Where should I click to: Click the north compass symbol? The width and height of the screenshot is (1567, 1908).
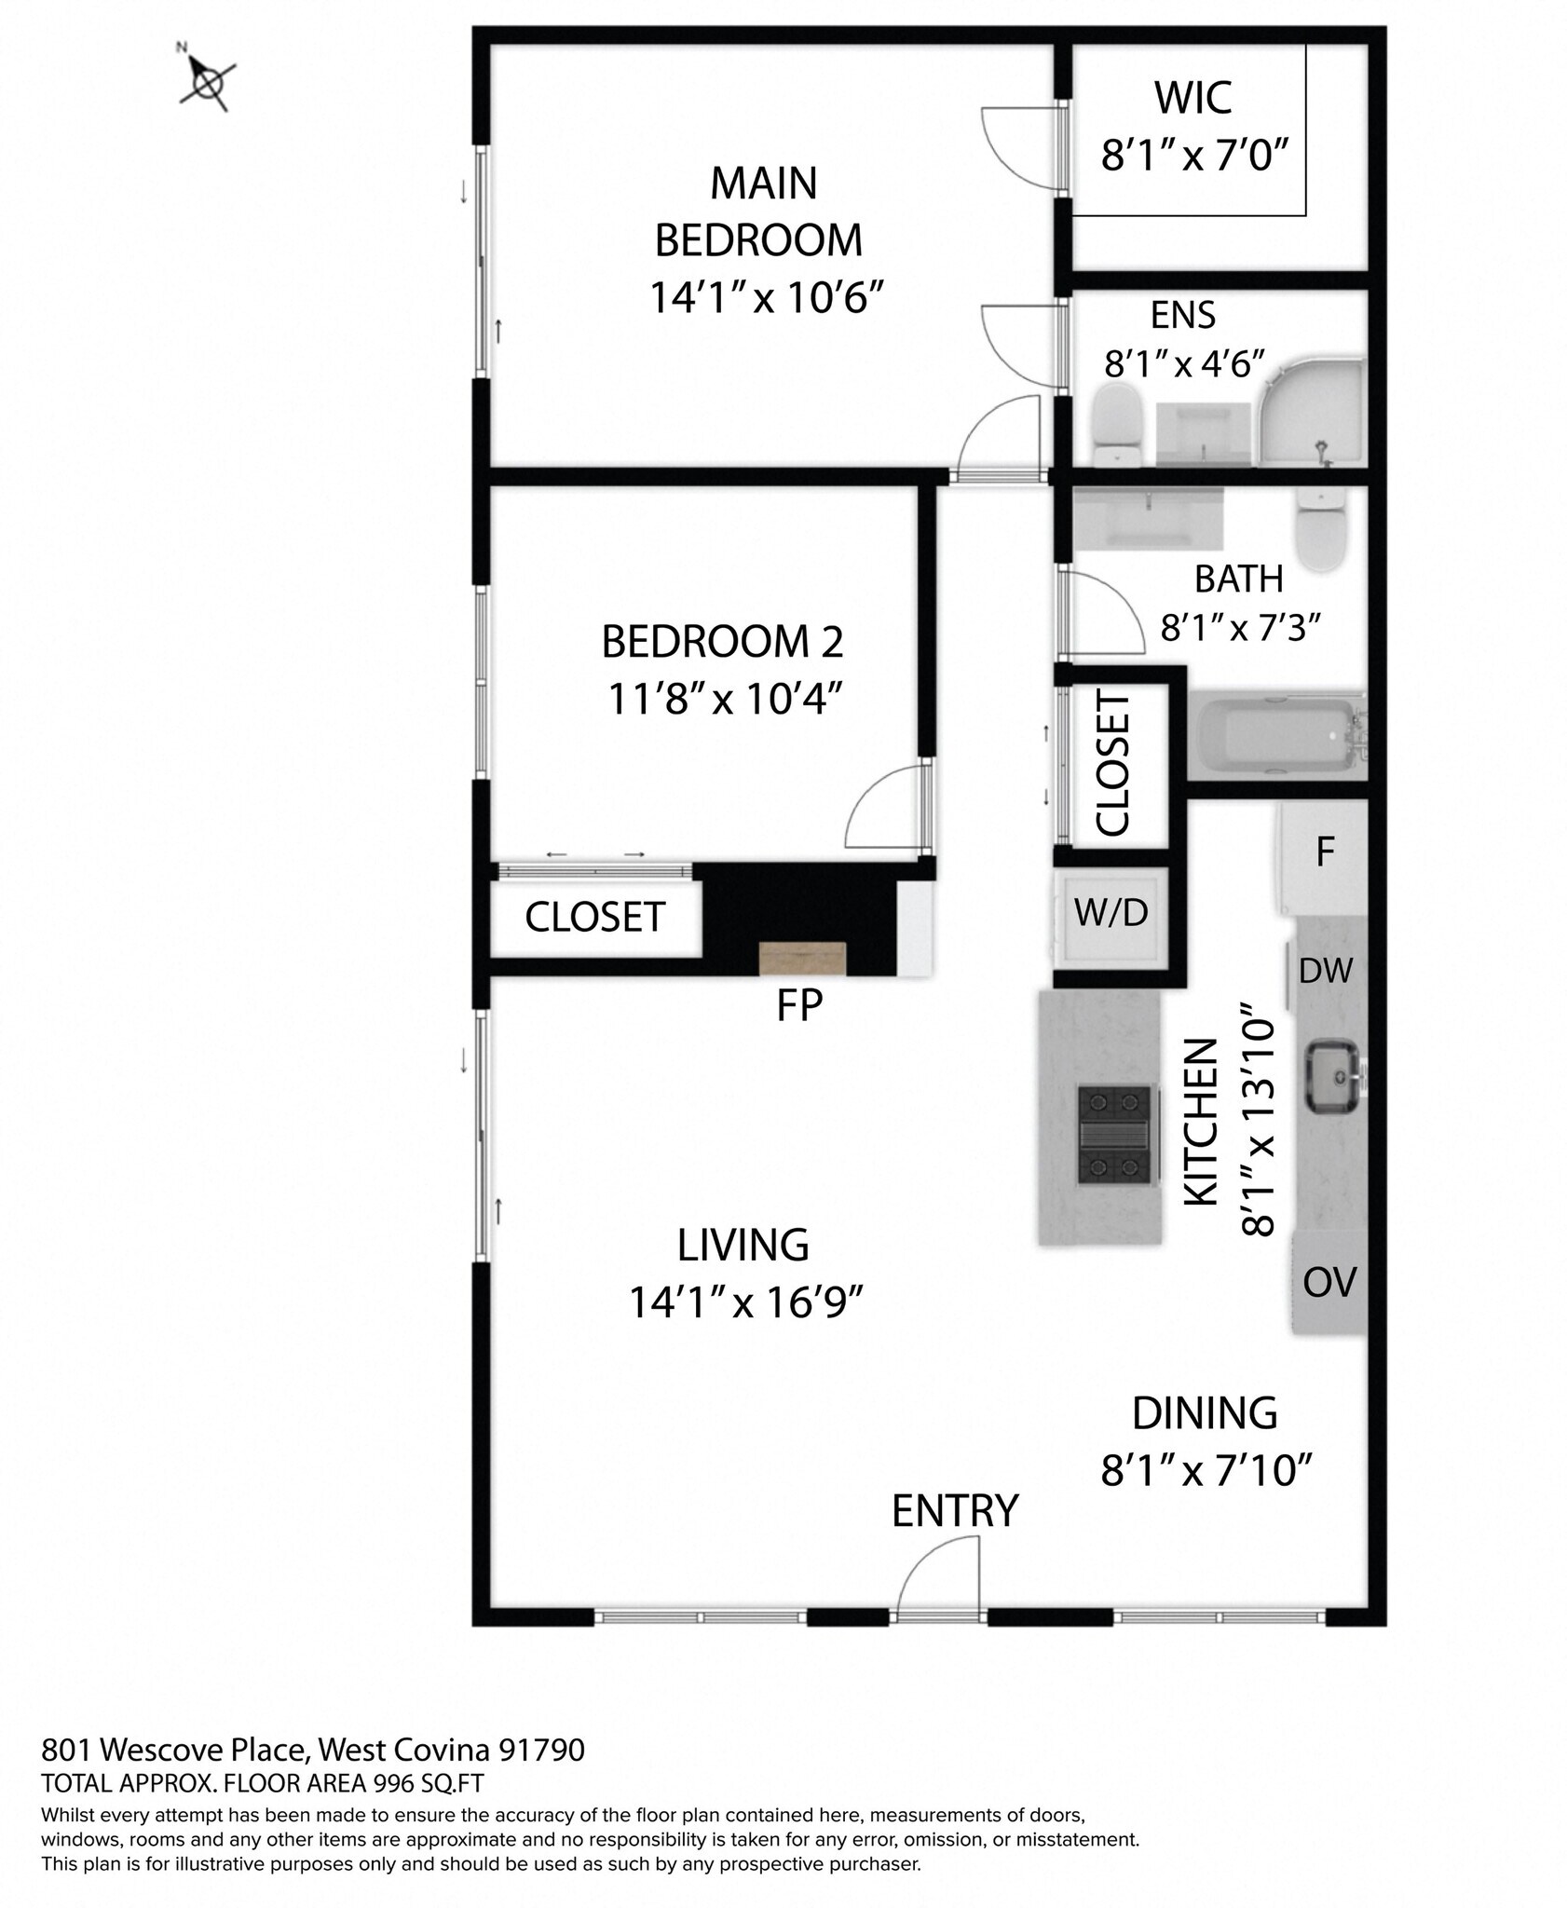[207, 82]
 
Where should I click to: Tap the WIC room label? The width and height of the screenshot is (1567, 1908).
[1192, 99]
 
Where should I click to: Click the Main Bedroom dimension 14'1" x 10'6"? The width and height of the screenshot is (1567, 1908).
[765, 299]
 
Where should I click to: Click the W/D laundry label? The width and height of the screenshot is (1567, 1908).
[1111, 913]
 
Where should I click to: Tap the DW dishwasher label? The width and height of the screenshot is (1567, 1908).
[1325, 972]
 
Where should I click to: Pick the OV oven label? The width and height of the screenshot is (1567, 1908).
[1329, 1283]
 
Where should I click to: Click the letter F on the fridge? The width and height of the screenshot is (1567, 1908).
[1325, 852]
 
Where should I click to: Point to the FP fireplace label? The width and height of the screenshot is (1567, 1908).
[799, 1006]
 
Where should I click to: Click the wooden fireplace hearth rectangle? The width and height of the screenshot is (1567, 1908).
[802, 957]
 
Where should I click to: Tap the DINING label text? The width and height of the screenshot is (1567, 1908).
[1204, 1413]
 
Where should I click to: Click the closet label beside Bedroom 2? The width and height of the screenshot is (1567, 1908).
[594, 918]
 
